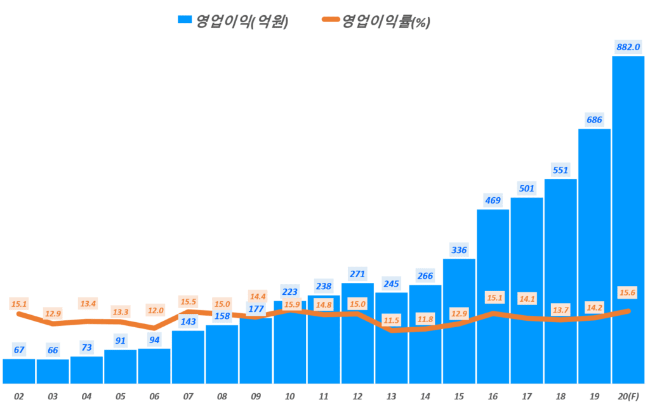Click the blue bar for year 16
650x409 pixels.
(493, 266)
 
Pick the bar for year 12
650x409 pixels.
(357, 342)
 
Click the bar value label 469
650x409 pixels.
(493, 200)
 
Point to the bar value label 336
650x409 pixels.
(459, 250)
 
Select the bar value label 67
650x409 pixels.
(18, 350)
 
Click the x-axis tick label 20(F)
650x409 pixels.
(628, 396)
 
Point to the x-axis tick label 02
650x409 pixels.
(18, 396)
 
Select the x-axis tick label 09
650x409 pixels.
(256, 396)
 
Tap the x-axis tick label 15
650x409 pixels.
(459, 396)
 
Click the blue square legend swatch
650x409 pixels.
(185, 21)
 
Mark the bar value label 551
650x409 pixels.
(560, 170)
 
